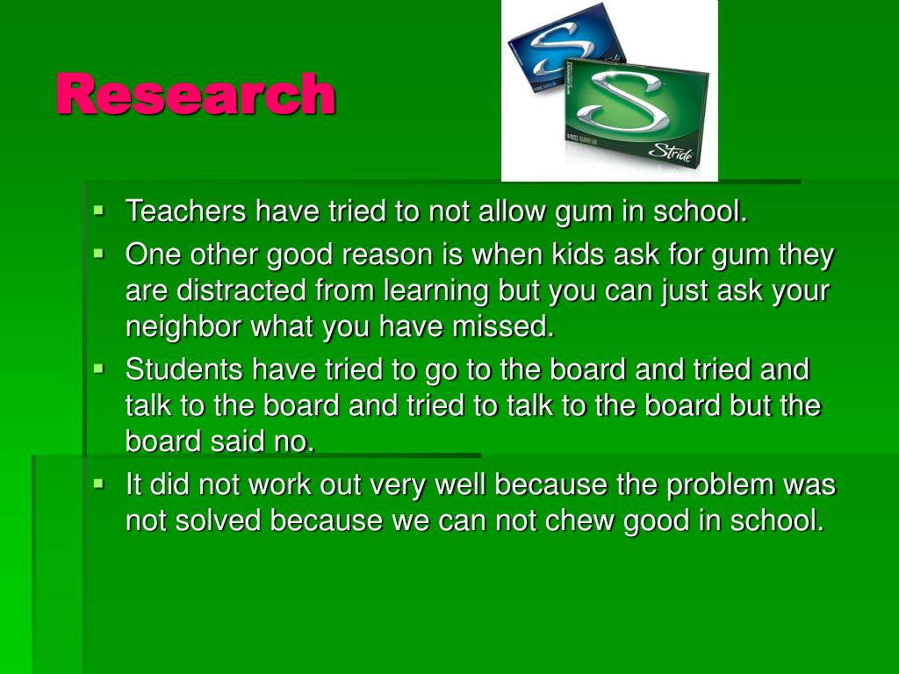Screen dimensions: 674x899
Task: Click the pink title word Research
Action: pyautogui.click(x=195, y=95)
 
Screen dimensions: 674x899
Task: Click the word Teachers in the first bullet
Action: pyautogui.click(x=186, y=212)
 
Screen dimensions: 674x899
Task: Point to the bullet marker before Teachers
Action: pyautogui.click(x=98, y=212)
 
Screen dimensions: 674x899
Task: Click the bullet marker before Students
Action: pyautogui.click(x=98, y=369)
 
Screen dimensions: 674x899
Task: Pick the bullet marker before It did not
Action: pyautogui.click(x=98, y=484)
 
